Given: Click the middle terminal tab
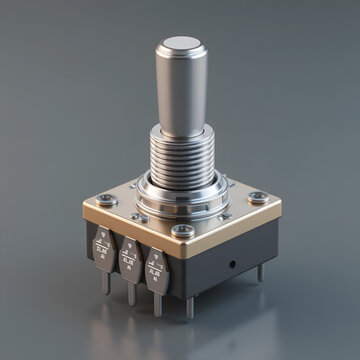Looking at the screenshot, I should coord(128,258).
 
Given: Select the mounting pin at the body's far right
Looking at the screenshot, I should coord(261,273).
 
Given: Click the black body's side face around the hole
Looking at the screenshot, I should coord(222,275).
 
